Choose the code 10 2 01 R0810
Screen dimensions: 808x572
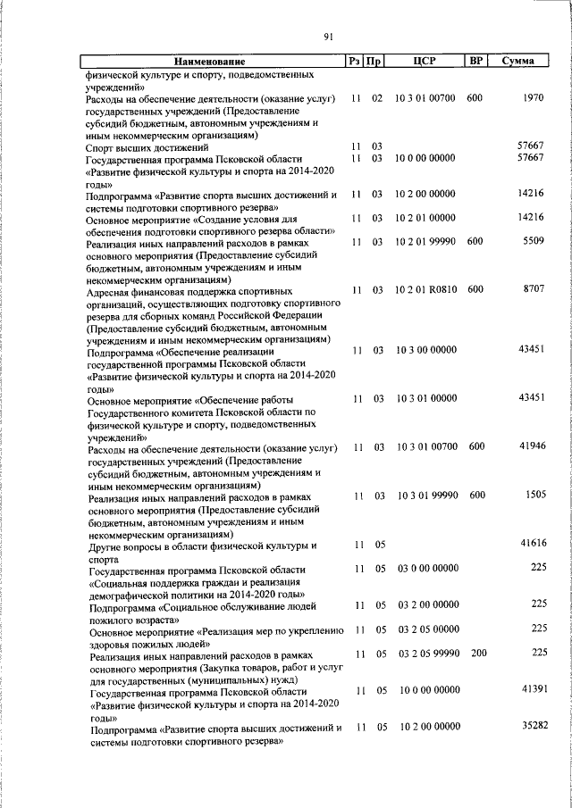pos(425,290)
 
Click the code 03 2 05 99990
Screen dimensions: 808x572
pos(425,654)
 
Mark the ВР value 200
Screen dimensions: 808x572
pos(478,654)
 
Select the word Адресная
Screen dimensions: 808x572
pos(109,290)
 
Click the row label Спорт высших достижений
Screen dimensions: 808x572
pos(147,146)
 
